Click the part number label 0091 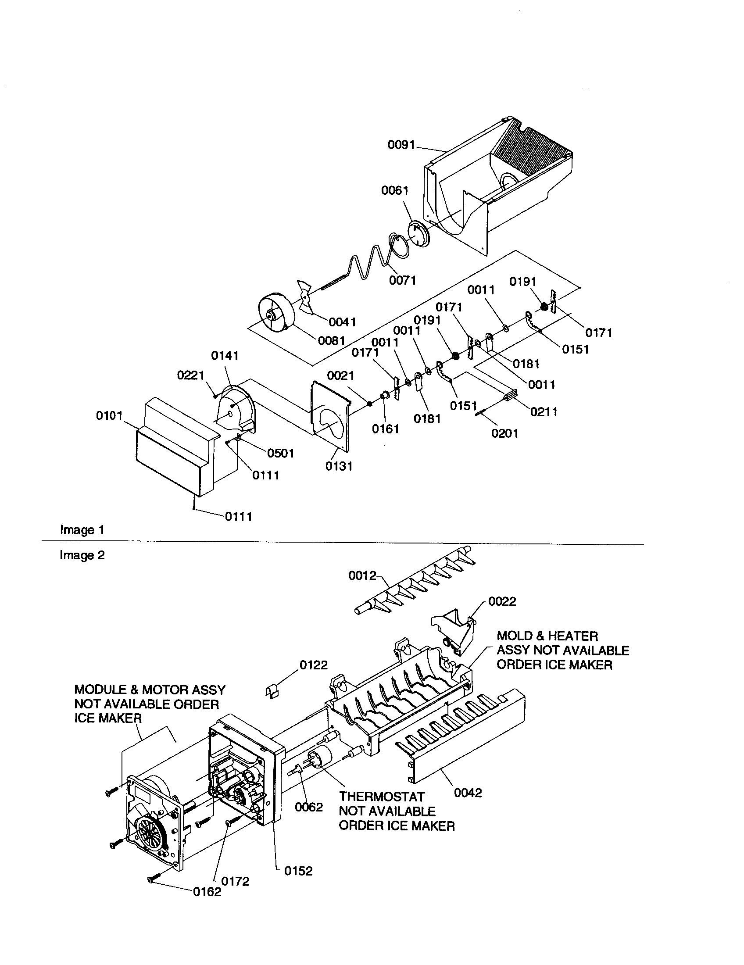(x=401, y=144)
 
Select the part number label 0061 (x=394, y=190)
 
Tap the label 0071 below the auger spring (x=402, y=280)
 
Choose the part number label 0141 (x=225, y=355)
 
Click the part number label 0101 (x=109, y=416)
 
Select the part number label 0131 (x=339, y=466)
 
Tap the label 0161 (x=385, y=429)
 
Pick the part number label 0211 (x=544, y=412)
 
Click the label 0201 (x=504, y=433)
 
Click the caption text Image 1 (x=82, y=530)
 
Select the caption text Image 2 (x=82, y=555)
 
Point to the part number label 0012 (x=362, y=575)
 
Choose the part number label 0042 (x=468, y=793)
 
